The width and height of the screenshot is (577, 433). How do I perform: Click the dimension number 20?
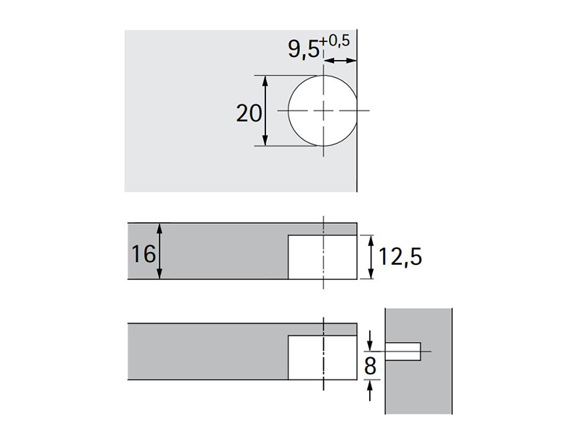click(x=249, y=113)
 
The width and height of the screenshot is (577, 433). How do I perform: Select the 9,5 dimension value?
click(x=304, y=48)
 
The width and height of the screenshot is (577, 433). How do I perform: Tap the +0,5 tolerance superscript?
click(x=335, y=41)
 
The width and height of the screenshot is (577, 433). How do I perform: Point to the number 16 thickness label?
click(x=144, y=254)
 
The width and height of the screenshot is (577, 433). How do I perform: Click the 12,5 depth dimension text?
click(x=400, y=257)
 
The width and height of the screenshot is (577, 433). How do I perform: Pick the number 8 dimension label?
click(x=370, y=366)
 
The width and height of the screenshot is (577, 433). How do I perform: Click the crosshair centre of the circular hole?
click(x=323, y=110)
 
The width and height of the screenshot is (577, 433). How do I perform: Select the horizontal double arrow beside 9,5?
click(x=340, y=61)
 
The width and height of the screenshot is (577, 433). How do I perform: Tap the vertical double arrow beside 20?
click(x=265, y=110)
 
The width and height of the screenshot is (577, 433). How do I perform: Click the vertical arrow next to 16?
click(x=159, y=250)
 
